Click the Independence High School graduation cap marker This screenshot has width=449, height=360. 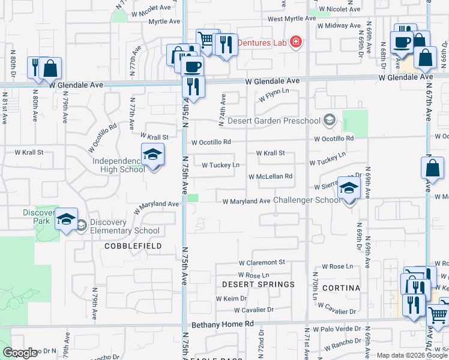click(x=152, y=155)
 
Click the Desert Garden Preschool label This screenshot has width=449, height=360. click(x=273, y=121)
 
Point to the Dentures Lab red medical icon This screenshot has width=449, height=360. click(x=295, y=42)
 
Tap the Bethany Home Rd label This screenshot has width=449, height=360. click(x=223, y=324)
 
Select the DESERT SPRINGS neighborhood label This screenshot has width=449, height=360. click(x=258, y=284)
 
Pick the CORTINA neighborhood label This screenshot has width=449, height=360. click(x=340, y=288)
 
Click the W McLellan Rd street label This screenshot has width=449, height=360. click(x=270, y=176)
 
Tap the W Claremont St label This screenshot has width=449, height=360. click(x=262, y=263)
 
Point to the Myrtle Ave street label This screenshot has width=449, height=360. click(x=165, y=22)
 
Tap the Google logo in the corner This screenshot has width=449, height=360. click(x=20, y=353)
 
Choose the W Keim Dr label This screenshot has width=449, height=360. click(x=231, y=298)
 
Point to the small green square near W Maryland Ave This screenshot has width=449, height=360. click(x=192, y=199)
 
